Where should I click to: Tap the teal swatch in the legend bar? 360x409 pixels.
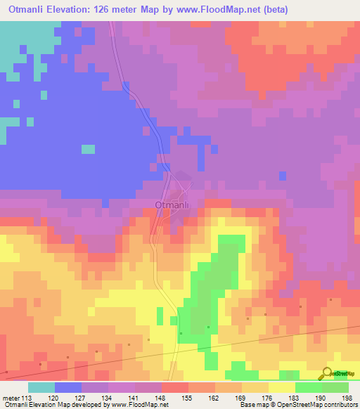pyautogui.click(x=41, y=387)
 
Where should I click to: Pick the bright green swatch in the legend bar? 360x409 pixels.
pyautogui.click(x=309, y=387)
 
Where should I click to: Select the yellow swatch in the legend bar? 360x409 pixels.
pyautogui.click(x=282, y=387)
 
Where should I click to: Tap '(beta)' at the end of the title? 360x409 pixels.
pyautogui.click(x=271, y=10)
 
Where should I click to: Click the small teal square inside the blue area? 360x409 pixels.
pyautogui.click(x=88, y=149)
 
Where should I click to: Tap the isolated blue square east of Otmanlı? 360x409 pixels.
pyautogui.click(x=283, y=175)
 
